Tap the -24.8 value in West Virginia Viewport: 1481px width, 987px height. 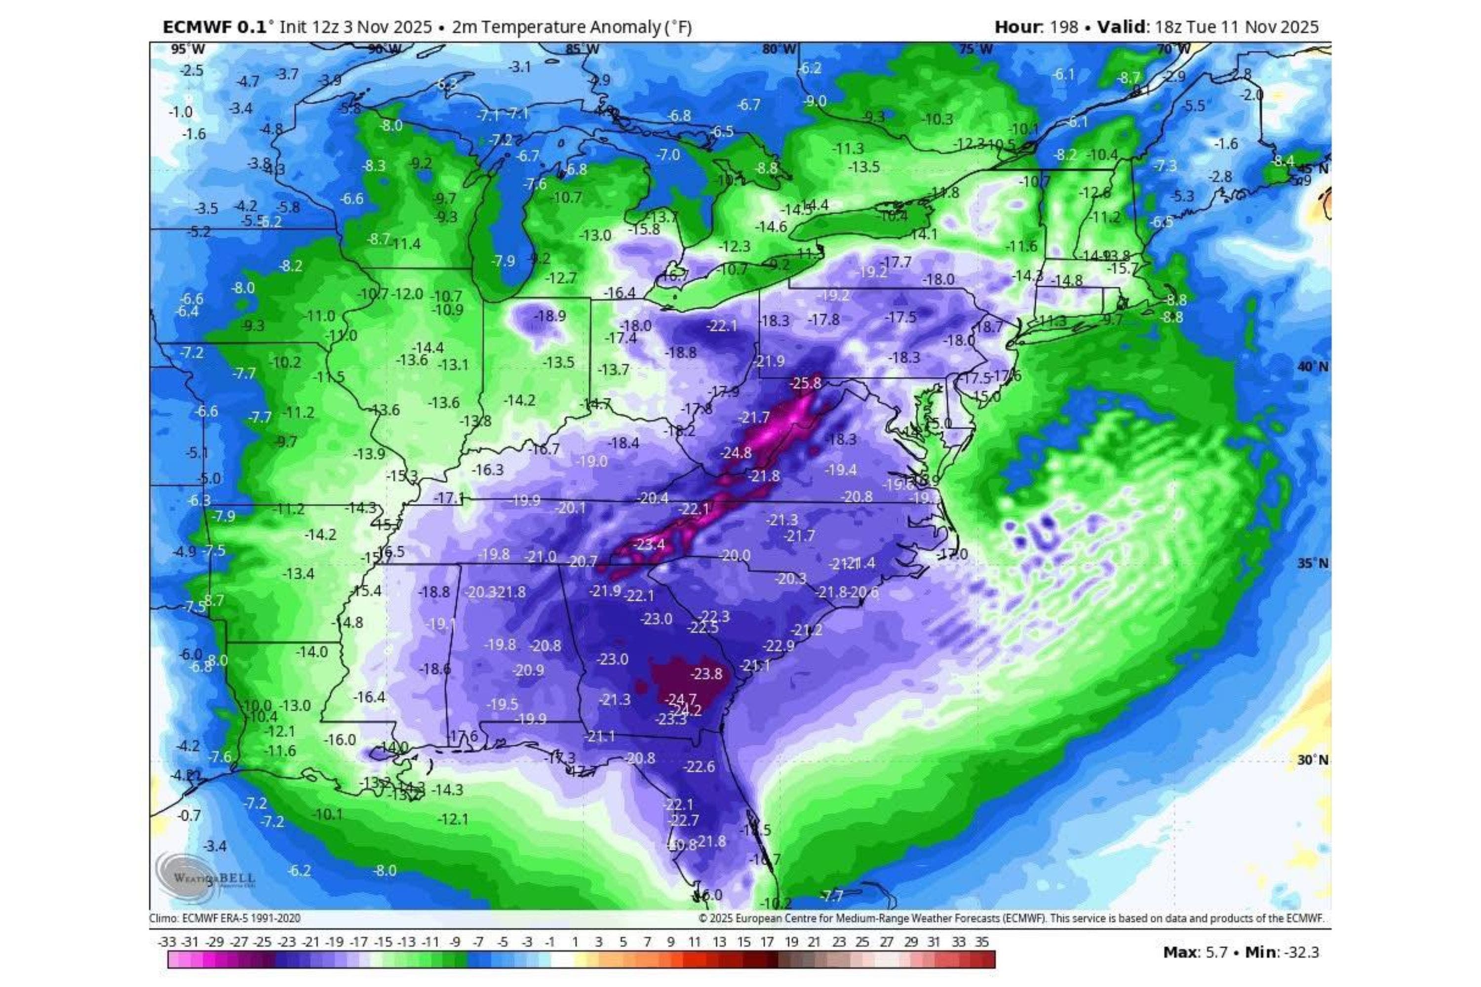[x=736, y=452]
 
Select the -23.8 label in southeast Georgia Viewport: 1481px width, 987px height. [x=706, y=674]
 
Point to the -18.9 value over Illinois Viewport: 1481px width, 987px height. [x=550, y=315]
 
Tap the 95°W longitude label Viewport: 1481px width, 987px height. [x=188, y=49]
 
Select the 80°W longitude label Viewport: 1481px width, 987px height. [x=779, y=49]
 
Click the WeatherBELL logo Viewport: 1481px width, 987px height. [x=205, y=877]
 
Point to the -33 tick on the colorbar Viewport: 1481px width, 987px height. [x=167, y=942]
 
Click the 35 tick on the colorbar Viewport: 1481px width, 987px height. [x=982, y=942]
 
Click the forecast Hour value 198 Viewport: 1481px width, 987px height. [x=1063, y=27]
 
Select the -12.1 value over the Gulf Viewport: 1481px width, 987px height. [x=452, y=818]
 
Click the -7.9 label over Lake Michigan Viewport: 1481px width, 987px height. [x=503, y=260]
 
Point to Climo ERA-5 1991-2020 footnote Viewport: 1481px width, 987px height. [x=225, y=918]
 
